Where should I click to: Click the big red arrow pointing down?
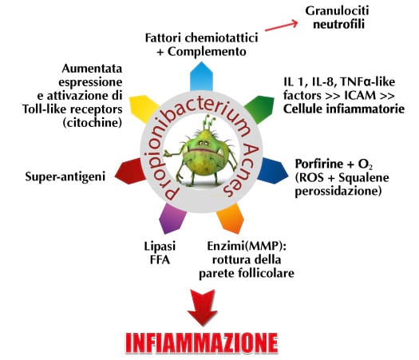click(202, 307)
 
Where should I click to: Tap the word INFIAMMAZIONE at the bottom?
click(202, 343)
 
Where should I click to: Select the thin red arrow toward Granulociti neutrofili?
click(281, 26)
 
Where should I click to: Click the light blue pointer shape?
click(201, 77)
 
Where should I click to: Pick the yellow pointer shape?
click(144, 109)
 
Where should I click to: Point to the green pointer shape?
click(259, 109)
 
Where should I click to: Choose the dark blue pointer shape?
click(273, 170)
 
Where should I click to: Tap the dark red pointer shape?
click(131, 172)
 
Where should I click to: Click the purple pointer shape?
click(172, 219)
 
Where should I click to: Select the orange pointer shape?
click(231, 218)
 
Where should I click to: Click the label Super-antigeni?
click(65, 176)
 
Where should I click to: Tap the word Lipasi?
click(160, 246)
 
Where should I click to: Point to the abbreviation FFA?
click(160, 259)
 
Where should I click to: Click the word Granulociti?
click(337, 11)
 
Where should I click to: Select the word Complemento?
click(207, 52)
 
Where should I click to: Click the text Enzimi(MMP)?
click(247, 246)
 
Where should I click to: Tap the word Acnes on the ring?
click(242, 170)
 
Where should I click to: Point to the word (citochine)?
click(93, 123)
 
